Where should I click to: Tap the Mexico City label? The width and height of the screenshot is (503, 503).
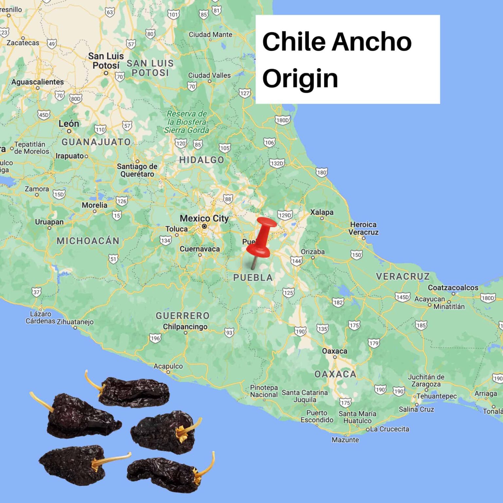tap(204, 218)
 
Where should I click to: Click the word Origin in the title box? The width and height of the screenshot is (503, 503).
tap(300, 79)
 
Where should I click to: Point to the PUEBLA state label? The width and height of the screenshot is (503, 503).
tap(253, 278)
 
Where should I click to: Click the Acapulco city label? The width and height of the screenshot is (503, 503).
tap(168, 366)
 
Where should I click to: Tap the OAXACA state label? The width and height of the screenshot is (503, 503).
tap(335, 374)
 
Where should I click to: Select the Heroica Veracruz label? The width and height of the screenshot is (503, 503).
tap(363, 228)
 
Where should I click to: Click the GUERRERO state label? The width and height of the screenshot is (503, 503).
tap(182, 316)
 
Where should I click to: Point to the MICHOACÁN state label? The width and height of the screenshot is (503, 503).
tap(88, 241)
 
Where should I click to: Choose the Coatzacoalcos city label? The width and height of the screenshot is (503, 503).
tap(453, 288)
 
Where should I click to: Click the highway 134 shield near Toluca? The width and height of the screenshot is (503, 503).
tap(166, 241)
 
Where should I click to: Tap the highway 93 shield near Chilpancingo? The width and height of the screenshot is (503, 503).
tap(229, 333)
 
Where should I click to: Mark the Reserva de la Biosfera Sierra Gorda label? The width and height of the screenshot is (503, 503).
tap(187, 122)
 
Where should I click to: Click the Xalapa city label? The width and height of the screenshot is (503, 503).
tap(322, 212)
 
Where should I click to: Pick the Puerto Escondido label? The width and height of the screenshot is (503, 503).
tap(317, 416)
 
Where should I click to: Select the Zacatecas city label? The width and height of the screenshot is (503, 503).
tap(23, 43)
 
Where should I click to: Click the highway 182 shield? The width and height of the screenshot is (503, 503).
tap(338, 302)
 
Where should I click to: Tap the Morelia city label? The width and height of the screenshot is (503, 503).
tap(94, 205)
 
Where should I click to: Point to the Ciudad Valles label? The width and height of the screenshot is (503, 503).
tap(209, 75)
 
